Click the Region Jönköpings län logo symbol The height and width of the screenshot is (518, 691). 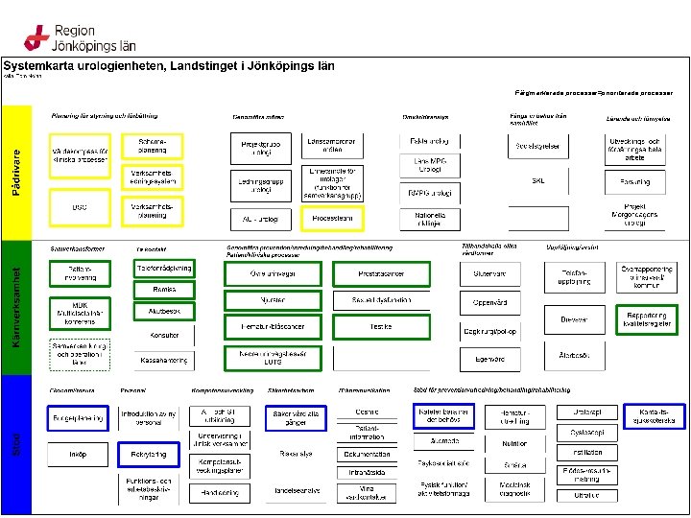[36, 37]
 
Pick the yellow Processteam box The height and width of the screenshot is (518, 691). [332, 219]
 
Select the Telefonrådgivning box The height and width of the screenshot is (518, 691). [162, 269]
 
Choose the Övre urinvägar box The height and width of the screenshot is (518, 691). [271, 274]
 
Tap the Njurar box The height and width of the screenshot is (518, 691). [271, 299]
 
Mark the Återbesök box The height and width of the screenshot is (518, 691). [574, 355]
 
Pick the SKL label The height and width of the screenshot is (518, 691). [537, 180]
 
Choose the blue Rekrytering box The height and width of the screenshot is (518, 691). [149, 454]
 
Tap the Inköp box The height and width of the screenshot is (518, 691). [78, 455]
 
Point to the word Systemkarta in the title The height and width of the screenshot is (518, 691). [46, 66]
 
